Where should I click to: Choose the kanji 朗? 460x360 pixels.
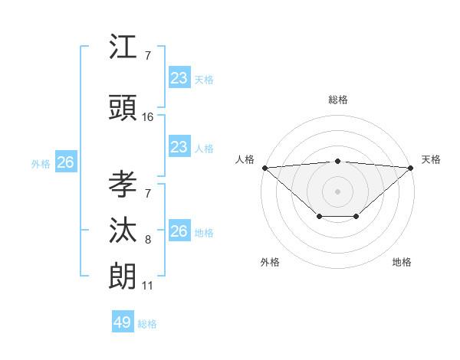click(123, 277)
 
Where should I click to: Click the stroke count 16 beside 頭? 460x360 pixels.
click(148, 117)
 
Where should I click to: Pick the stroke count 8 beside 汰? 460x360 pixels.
click(148, 240)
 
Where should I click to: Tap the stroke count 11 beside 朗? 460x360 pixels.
click(147, 286)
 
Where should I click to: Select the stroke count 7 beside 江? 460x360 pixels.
click(148, 56)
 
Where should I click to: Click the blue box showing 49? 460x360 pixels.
click(123, 322)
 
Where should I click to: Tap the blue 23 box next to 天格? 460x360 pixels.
click(179, 77)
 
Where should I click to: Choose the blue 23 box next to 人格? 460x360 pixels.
click(179, 147)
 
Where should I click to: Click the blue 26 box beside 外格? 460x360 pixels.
click(65, 162)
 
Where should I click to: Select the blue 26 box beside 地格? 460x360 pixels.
click(179, 231)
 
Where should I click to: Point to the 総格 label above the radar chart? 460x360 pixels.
click(338, 100)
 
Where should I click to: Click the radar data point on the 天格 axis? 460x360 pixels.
click(411, 168)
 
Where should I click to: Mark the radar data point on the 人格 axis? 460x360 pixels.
click(264, 168)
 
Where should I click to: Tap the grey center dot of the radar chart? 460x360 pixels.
click(338, 191)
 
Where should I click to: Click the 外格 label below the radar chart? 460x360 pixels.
click(270, 262)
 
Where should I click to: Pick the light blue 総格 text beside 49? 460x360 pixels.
click(148, 324)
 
